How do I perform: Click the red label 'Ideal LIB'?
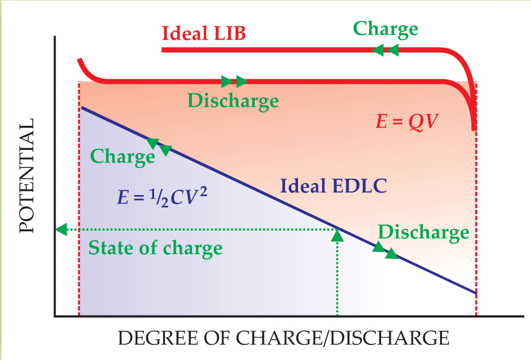coord(203,33)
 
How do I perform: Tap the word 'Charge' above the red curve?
coord(385,29)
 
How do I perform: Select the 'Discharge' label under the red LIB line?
coord(233,101)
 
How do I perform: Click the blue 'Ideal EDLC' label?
coord(333,185)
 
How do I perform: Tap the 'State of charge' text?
coord(155,247)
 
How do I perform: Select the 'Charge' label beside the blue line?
coord(122,157)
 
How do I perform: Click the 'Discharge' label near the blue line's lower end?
coord(423,232)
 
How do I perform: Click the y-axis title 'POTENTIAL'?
coord(25,176)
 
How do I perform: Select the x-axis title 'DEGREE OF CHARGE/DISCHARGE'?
coord(283,338)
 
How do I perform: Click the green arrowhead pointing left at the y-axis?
coord(60,229)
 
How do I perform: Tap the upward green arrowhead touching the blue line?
coord(337,235)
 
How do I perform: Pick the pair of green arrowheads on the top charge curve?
coord(386,50)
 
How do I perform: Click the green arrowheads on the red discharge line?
coord(234,81)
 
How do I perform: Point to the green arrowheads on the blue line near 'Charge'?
coord(160,146)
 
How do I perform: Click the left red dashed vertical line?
coord(79,241)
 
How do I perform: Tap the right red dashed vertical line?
coord(476,241)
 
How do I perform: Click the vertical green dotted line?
coord(337,277)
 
